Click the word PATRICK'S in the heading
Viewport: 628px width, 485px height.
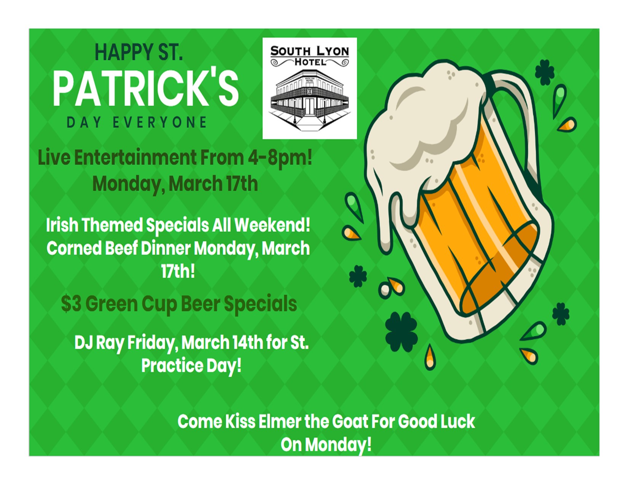tap(145, 88)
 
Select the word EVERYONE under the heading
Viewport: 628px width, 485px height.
tap(159, 122)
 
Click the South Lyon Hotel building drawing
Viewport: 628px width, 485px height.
tap(309, 100)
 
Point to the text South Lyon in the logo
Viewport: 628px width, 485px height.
tap(309, 51)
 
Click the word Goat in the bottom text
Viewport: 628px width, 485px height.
tap(350, 421)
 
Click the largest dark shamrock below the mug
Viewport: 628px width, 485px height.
tap(402, 332)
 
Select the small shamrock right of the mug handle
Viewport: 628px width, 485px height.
tap(545, 72)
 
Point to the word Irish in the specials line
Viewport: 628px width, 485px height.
tap(62, 225)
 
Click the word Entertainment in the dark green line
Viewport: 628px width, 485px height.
tap(135, 158)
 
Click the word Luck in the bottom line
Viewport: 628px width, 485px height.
tap(457, 421)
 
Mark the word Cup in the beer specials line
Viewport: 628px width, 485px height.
tap(159, 304)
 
